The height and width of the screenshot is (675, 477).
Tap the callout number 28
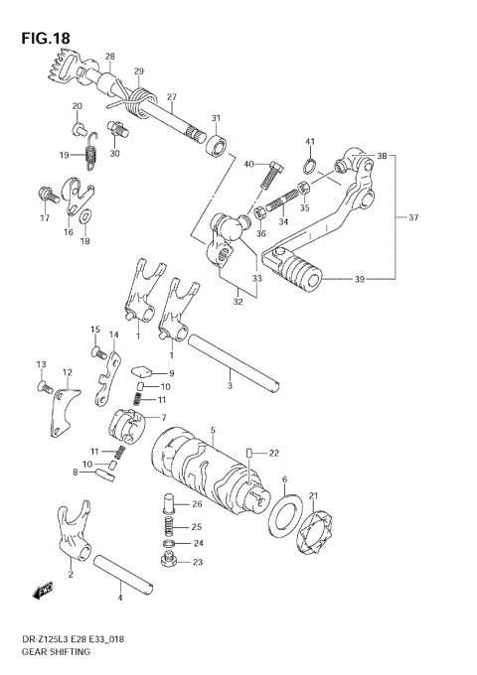109,57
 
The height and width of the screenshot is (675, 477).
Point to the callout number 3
230,386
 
